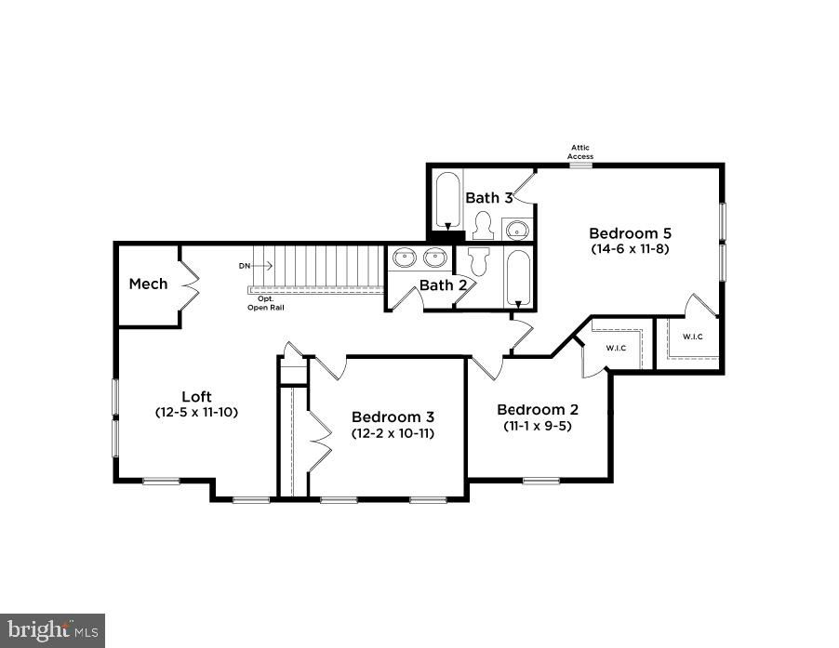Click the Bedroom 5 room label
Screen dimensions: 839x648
pos(630,233)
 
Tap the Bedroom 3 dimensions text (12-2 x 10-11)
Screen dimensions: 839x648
pos(393,433)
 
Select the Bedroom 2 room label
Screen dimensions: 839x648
pos(538,410)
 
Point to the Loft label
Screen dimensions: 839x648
pos(196,397)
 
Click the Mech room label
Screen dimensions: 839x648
pos(148,284)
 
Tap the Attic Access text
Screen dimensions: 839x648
pos(580,152)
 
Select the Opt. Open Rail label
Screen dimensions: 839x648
pos(265,303)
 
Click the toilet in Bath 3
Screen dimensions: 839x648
pos(483,225)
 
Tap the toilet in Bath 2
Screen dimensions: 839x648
pos(479,260)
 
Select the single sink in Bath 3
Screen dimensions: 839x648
pos(517,230)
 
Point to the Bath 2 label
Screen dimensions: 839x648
pos(443,285)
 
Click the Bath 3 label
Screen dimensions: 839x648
pos(489,198)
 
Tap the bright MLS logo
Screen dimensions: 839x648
pos(52,630)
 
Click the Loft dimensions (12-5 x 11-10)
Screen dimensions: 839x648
pos(196,412)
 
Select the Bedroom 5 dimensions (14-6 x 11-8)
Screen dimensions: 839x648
pos(630,248)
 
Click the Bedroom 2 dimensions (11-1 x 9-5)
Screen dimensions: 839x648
pos(538,426)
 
